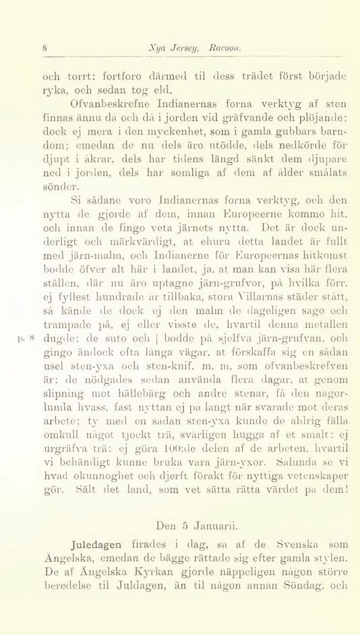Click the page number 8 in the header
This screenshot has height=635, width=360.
pos(45,49)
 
